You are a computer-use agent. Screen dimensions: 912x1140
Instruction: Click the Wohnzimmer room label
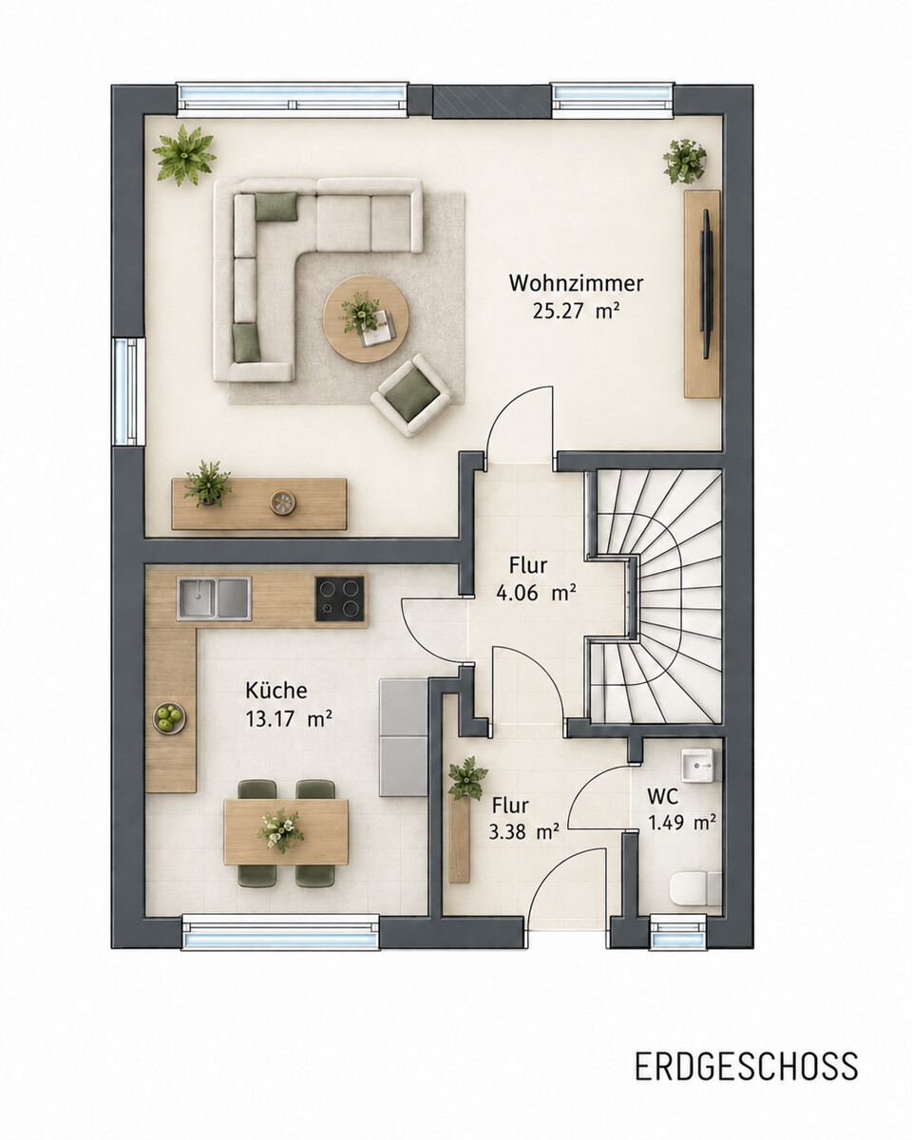coord(576,283)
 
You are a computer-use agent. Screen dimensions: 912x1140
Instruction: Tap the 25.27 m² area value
coord(576,311)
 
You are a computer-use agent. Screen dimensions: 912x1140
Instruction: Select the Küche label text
coord(276,691)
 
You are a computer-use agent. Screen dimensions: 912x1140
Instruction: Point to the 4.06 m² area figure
coord(536,593)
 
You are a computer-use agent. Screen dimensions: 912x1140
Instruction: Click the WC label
coord(662,796)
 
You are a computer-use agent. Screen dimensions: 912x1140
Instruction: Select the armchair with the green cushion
coord(411,395)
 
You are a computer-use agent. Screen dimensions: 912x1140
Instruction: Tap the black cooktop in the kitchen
coord(340,598)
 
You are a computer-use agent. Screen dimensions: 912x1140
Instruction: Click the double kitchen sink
coord(214,598)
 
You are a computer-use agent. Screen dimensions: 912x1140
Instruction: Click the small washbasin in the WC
coord(700,766)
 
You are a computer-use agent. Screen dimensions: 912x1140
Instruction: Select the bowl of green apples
coord(170,718)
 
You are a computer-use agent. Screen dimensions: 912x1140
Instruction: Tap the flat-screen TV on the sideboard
coord(706,284)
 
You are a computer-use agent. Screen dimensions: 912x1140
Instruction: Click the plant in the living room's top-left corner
coord(184,155)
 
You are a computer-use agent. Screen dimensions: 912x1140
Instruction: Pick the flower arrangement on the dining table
coord(280,830)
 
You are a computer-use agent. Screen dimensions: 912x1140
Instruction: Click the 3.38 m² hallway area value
coord(523,831)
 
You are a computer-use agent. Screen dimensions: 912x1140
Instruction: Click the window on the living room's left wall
coord(127,391)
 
